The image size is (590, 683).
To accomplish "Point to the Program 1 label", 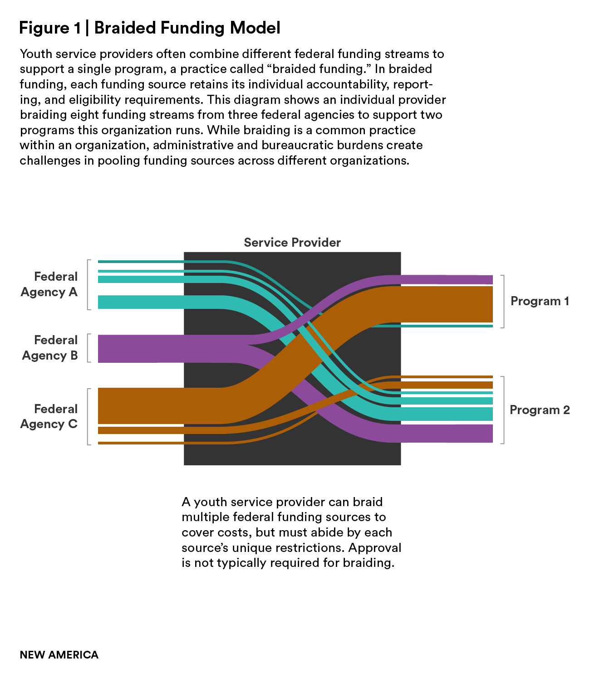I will click(540, 301).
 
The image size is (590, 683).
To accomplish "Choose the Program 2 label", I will click(540, 410).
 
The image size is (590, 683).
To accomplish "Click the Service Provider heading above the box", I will click(292, 243).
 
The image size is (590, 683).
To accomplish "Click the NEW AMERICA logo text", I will click(59, 655).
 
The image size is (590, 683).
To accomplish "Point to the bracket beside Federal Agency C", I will click(88, 416).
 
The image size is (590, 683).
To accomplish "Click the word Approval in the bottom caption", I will click(375, 548).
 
